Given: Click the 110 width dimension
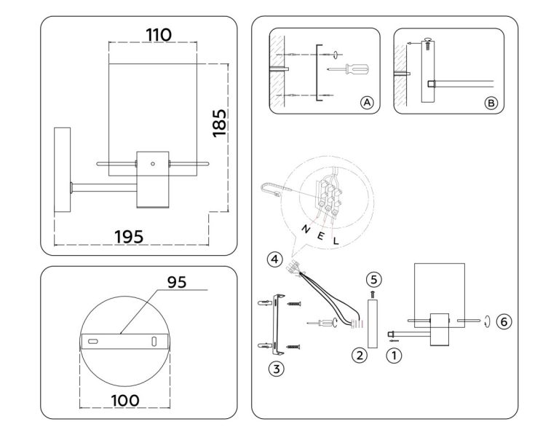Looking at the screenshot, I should tap(159, 34).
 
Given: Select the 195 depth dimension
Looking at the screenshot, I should tap(130, 236).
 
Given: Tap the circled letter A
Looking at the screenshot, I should tap(367, 103).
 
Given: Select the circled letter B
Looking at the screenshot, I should tap(491, 103).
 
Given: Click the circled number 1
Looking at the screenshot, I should tap(394, 356).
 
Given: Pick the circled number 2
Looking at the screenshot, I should tap(358, 356).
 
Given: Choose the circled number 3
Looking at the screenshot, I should tap(275, 368).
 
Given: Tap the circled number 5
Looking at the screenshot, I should tap(373, 278).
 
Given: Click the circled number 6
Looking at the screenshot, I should tap(502, 321).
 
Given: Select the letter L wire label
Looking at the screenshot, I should tap(336, 239).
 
